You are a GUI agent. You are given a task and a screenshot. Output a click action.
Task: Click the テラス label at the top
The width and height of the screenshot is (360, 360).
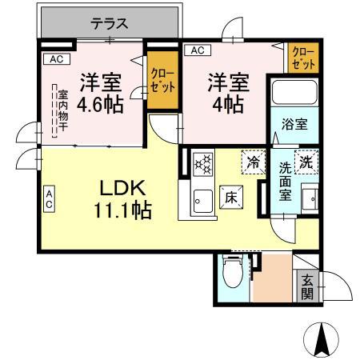(x=109, y=23)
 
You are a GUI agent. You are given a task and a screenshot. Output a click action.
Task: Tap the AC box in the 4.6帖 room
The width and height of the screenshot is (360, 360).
(x=54, y=58)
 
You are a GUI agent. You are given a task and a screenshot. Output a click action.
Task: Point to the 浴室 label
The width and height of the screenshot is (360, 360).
(x=294, y=125)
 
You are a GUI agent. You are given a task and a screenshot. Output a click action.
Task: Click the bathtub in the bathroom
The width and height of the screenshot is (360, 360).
(x=294, y=93)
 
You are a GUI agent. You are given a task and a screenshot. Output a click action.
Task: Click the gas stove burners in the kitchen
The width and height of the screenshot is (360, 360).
(x=202, y=164)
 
